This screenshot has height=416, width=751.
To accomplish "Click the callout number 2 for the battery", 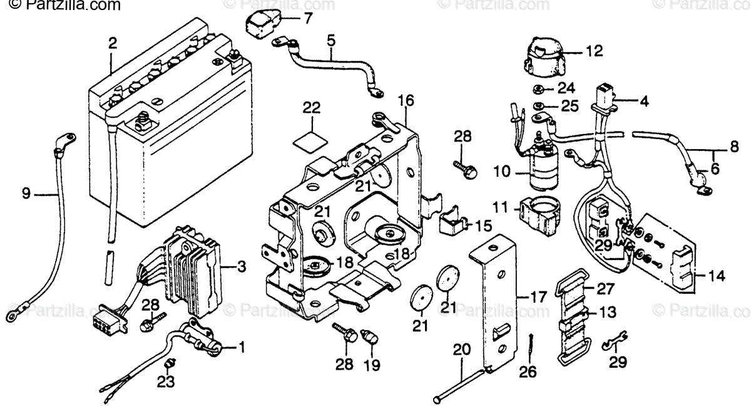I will coord(112,43).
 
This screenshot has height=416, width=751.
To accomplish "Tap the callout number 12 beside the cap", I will coord(594,51).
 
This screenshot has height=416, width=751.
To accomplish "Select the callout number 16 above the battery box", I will coord(406,100).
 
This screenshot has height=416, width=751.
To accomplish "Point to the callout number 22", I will coord(311,107).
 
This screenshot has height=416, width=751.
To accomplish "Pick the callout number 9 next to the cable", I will coord(25,194).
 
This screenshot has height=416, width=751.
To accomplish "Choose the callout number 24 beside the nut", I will coord(566,87).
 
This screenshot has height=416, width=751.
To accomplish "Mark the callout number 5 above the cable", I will coord(330,41).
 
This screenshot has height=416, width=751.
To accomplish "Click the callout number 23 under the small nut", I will coord(166,380).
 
